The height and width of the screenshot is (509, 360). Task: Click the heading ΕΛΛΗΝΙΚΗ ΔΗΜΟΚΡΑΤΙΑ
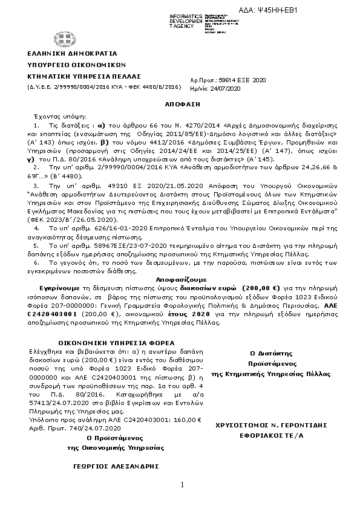coord(62,54)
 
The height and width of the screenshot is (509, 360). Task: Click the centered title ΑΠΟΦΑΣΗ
coord(180,103)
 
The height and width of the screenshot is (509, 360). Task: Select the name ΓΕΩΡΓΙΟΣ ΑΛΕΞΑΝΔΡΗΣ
coord(99,466)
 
